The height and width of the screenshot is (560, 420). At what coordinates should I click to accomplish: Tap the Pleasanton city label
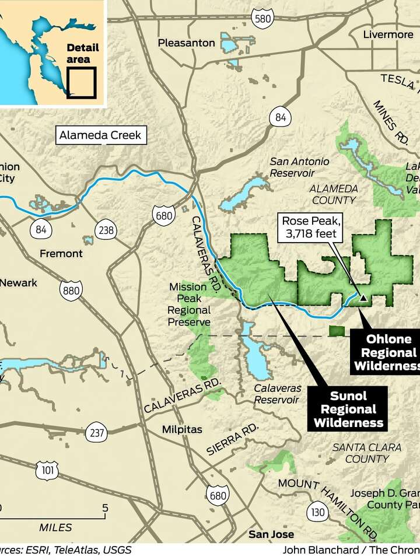tap(183, 43)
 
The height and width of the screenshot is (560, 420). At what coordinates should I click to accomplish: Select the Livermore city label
tap(388, 34)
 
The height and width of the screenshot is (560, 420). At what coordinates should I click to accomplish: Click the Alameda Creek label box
tap(100, 136)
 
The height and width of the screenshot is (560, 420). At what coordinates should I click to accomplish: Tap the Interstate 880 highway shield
tap(70, 289)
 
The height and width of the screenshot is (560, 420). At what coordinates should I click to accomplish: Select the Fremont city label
tap(61, 254)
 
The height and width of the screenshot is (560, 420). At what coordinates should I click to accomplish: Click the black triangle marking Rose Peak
tap(363, 298)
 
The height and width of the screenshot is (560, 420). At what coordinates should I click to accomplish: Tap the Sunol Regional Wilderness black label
tap(348, 408)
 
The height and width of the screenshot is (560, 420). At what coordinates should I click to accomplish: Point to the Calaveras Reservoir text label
tap(278, 394)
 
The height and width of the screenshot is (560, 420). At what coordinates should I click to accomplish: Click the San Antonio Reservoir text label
tap(299, 167)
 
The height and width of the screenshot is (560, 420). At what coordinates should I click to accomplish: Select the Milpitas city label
tap(182, 429)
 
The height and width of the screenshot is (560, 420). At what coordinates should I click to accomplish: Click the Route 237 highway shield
tap(96, 433)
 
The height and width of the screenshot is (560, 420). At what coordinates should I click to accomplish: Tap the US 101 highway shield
tap(47, 470)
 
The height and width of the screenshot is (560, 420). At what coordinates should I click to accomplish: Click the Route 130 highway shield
tap(318, 512)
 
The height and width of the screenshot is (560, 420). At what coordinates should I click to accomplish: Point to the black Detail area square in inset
tap(81, 83)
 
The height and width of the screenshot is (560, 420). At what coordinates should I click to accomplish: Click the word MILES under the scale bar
tap(55, 527)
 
